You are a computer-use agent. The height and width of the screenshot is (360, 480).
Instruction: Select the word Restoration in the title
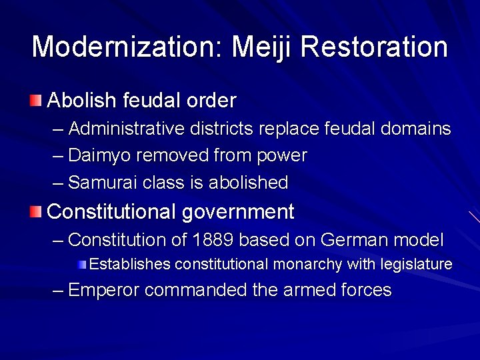coord(374,47)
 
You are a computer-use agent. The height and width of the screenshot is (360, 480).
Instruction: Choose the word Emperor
coord(103,290)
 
